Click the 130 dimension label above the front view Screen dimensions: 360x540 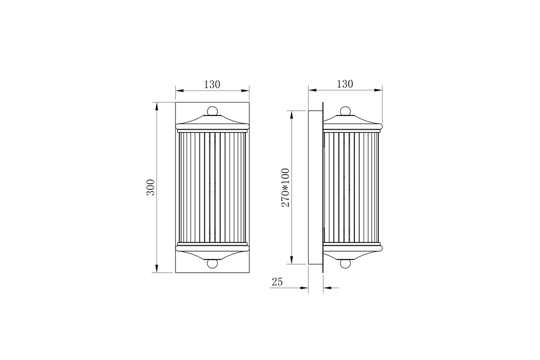click(212, 84)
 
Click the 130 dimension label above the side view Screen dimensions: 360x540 click(345, 84)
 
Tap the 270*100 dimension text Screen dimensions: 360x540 click(285, 187)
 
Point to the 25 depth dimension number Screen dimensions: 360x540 click(277, 282)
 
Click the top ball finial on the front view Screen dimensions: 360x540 click(212, 111)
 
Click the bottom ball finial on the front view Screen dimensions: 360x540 click(212, 264)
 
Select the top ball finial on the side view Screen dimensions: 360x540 click(345, 111)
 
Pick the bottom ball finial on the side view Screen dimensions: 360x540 click(345, 264)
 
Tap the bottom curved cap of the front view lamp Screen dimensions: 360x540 click(212, 254)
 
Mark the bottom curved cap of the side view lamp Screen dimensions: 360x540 click(351, 254)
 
